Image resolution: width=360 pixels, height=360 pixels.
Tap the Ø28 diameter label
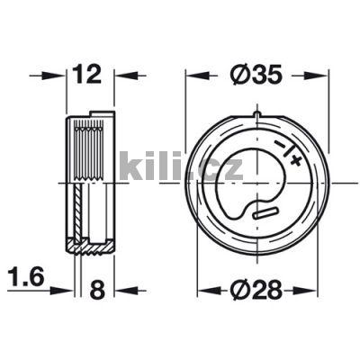coord(256,290)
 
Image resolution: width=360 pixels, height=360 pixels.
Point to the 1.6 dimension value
coord(26,277)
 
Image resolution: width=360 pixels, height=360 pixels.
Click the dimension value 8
coord(97,290)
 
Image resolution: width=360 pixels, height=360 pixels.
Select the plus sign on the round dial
coord(295,161)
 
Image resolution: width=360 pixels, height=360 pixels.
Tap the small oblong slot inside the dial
coord(265,212)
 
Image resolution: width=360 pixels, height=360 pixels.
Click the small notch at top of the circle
coord(257,114)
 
